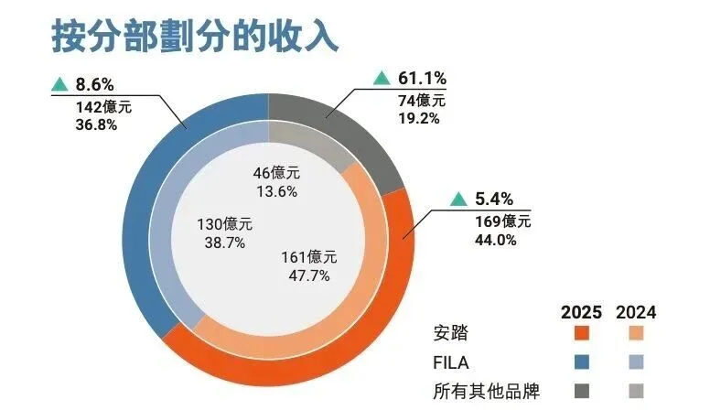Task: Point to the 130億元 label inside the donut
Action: (x=224, y=223)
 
